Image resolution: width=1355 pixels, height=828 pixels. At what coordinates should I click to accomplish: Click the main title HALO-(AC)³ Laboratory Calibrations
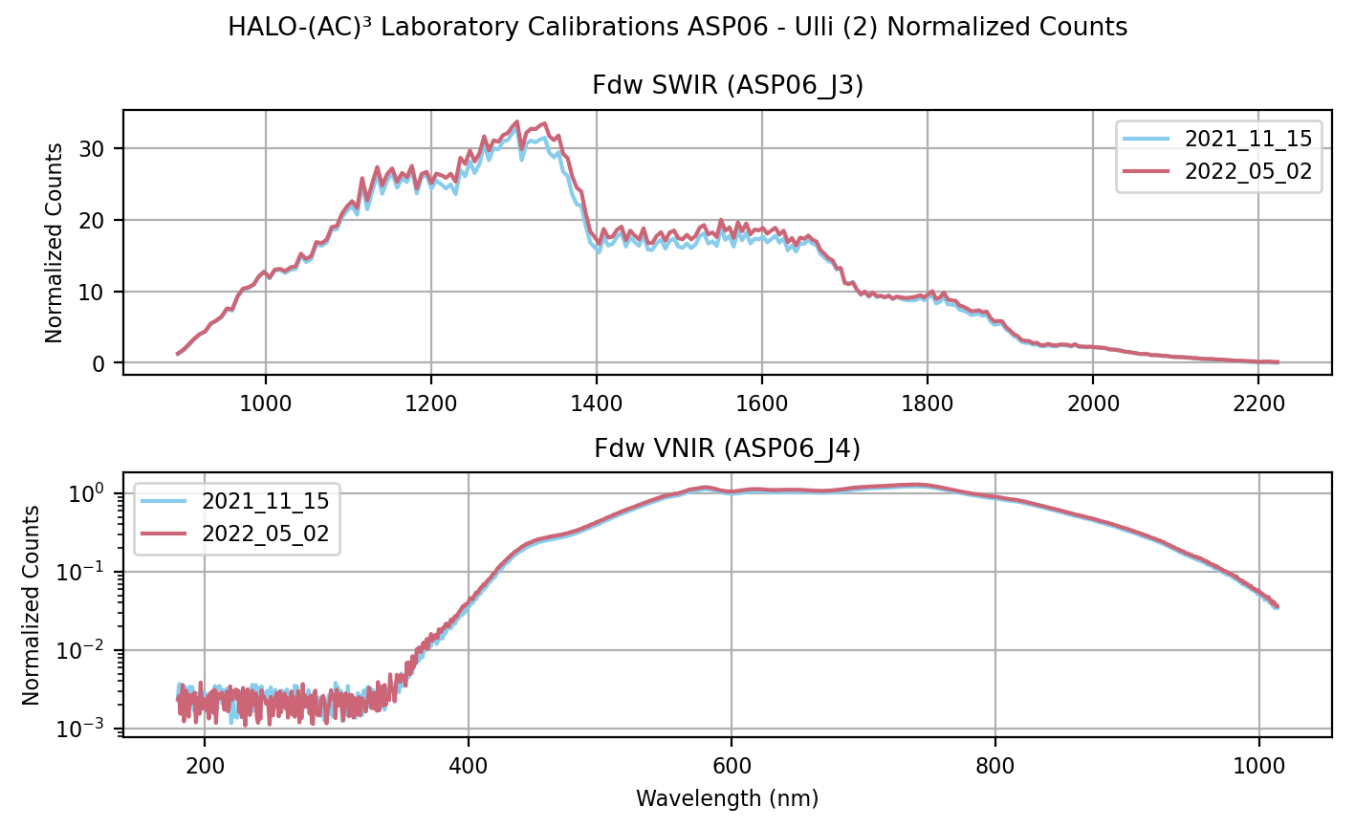click(x=677, y=27)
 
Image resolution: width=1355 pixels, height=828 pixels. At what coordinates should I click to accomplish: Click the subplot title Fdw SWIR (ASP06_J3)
click(x=728, y=86)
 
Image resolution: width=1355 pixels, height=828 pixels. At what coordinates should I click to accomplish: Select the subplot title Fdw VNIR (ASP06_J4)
click(x=728, y=447)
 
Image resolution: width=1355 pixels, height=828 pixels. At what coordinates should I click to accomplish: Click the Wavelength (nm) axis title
click(x=727, y=797)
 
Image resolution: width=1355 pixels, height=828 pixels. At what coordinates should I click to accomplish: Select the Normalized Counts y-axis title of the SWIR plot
click(x=55, y=243)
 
